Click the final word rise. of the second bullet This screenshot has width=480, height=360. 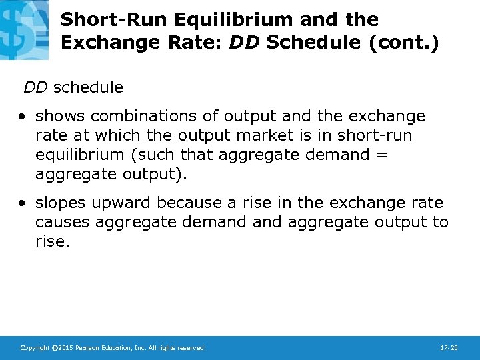52,241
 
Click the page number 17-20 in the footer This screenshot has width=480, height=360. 449,348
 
